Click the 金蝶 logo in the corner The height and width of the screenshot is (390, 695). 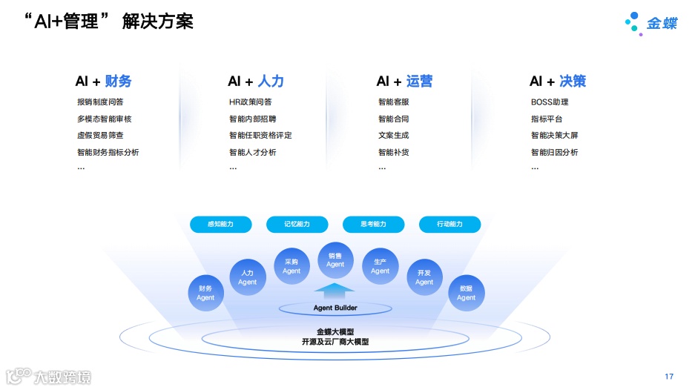(x=650, y=23)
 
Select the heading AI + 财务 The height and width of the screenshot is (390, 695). (x=103, y=82)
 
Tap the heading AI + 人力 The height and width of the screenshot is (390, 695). (x=256, y=82)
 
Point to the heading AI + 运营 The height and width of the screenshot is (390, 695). (x=404, y=82)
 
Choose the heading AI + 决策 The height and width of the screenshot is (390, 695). (x=558, y=82)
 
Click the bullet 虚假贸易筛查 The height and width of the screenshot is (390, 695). (x=100, y=136)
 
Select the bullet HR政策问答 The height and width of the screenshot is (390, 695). (x=250, y=102)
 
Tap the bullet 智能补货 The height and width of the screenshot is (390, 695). (x=393, y=153)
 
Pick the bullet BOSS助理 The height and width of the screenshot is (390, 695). (x=550, y=102)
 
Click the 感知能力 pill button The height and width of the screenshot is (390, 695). (x=220, y=224)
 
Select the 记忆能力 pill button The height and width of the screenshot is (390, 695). (x=297, y=224)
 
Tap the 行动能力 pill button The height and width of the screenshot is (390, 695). (x=449, y=224)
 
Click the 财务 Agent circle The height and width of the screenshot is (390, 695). (x=205, y=293)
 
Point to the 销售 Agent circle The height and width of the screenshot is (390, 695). (x=335, y=260)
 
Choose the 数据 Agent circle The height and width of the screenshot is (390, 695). (x=466, y=293)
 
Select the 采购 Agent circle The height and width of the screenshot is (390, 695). (x=291, y=266)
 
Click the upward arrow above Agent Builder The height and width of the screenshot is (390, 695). (x=335, y=291)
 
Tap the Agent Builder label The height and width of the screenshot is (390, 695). (x=335, y=308)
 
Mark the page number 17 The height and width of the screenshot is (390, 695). (x=669, y=377)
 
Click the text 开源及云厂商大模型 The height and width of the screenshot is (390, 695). (x=335, y=342)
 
